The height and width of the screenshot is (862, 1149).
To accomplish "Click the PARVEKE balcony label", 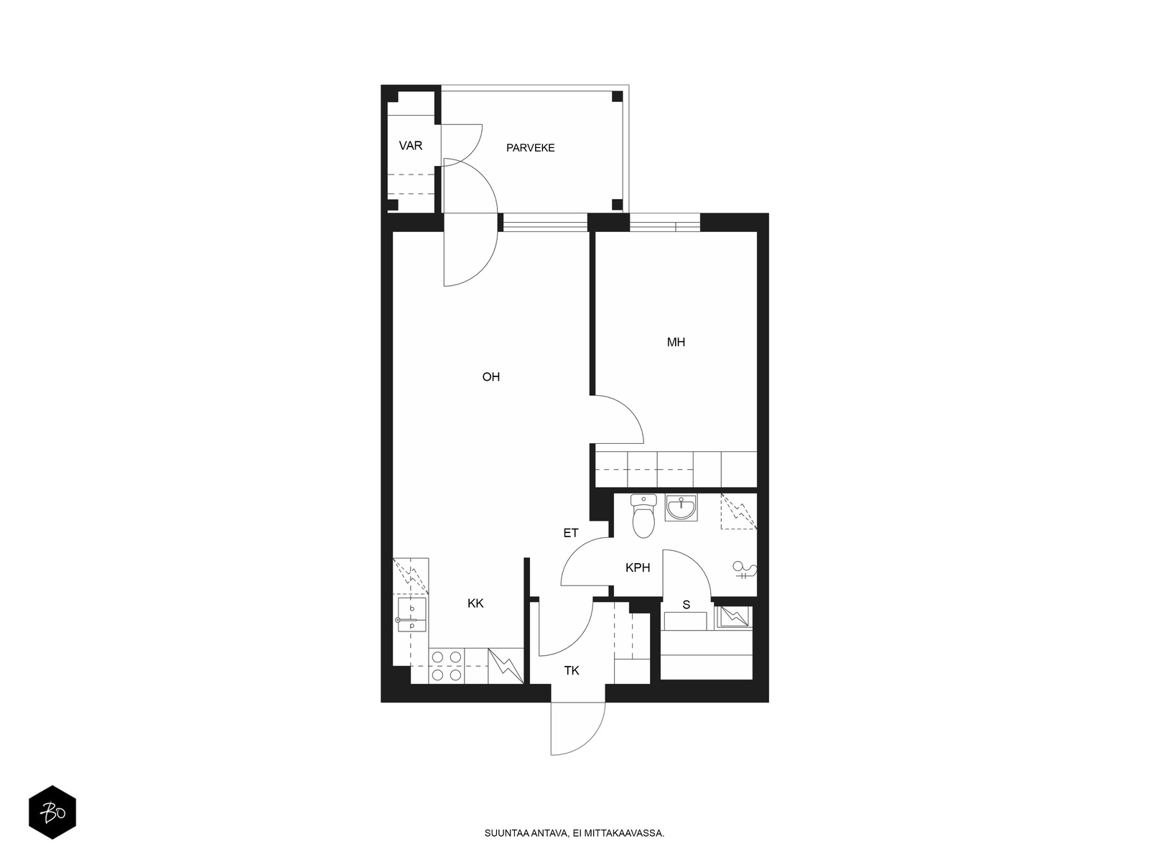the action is (x=530, y=148).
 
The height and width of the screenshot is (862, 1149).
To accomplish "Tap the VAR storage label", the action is (x=410, y=146).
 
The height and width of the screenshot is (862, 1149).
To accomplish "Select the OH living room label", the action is (x=490, y=377).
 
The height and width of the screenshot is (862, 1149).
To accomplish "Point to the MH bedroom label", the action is (x=675, y=343).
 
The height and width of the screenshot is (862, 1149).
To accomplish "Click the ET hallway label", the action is (x=571, y=533).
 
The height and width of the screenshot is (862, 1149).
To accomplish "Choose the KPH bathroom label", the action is (x=638, y=567).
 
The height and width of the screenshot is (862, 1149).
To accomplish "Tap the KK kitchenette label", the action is (x=475, y=603).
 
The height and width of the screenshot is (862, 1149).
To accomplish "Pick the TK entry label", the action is (x=571, y=670).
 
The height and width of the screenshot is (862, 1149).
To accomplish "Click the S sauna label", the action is (x=686, y=605).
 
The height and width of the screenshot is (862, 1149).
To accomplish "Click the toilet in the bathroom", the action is (x=643, y=516).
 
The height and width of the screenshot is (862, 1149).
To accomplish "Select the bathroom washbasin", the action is (x=681, y=507).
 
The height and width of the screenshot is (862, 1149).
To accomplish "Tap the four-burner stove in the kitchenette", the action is (x=447, y=666).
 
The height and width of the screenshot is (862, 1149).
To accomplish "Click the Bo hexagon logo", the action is (x=52, y=812).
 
